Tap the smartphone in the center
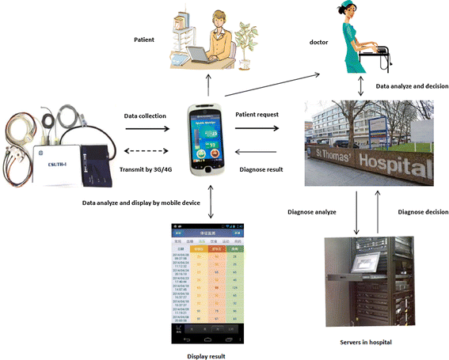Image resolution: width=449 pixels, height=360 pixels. (207, 141)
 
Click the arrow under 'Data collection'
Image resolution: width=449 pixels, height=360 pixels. (146, 129)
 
